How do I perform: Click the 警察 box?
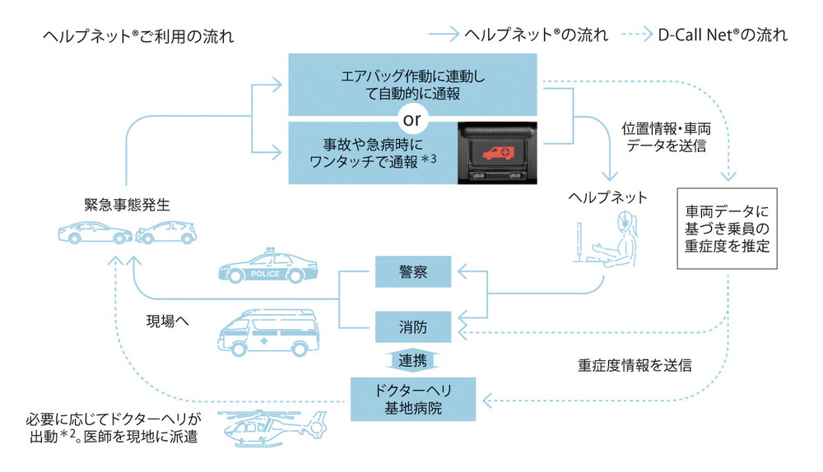(413, 271)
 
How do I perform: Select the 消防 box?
(413, 326)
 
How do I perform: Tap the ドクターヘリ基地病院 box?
(413, 398)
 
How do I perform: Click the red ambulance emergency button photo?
(498, 152)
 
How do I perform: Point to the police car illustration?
(267, 268)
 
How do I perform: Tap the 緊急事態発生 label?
(127, 202)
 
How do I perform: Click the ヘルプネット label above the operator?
(608, 197)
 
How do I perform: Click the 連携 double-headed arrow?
(412, 362)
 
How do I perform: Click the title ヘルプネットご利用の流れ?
(138, 37)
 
